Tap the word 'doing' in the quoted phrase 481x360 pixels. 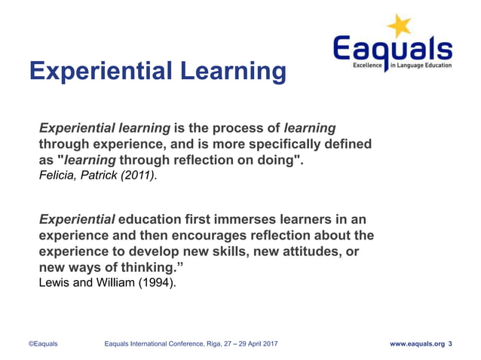click(x=280, y=160)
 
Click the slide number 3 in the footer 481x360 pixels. click(x=450, y=343)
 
